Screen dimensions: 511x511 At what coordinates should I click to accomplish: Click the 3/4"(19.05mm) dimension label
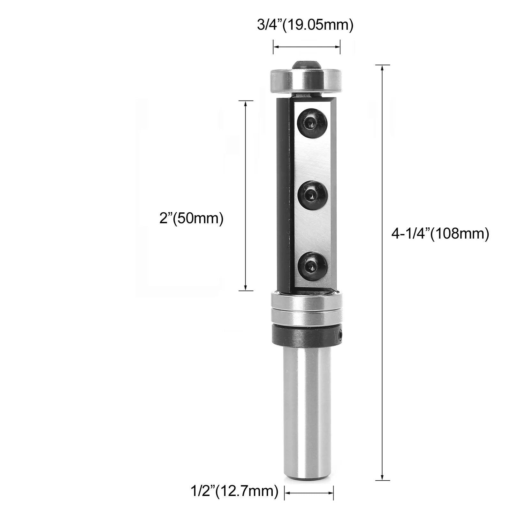pos(305,26)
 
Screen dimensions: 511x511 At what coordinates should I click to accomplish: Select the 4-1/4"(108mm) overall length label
pos(440,234)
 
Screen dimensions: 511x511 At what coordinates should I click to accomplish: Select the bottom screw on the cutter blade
pos(312,266)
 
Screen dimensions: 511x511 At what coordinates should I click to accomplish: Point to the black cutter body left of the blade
pos(283,195)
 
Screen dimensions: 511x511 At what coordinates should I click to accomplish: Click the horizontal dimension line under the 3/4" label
pos(307,47)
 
